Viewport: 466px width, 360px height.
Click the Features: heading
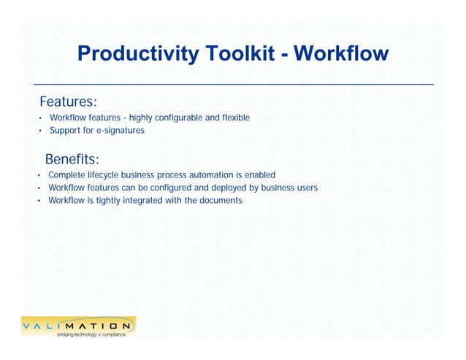pyautogui.click(x=69, y=101)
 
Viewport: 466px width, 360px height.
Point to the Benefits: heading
pyautogui.click(x=72, y=159)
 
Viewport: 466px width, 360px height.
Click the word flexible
pyautogui.click(x=233, y=118)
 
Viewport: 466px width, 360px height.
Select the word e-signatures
pyautogui.click(x=120, y=131)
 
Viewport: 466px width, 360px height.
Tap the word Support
pyautogui.click(x=64, y=131)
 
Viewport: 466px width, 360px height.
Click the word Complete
pyautogui.click(x=65, y=175)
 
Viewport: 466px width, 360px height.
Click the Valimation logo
pyautogui.click(x=77, y=325)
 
